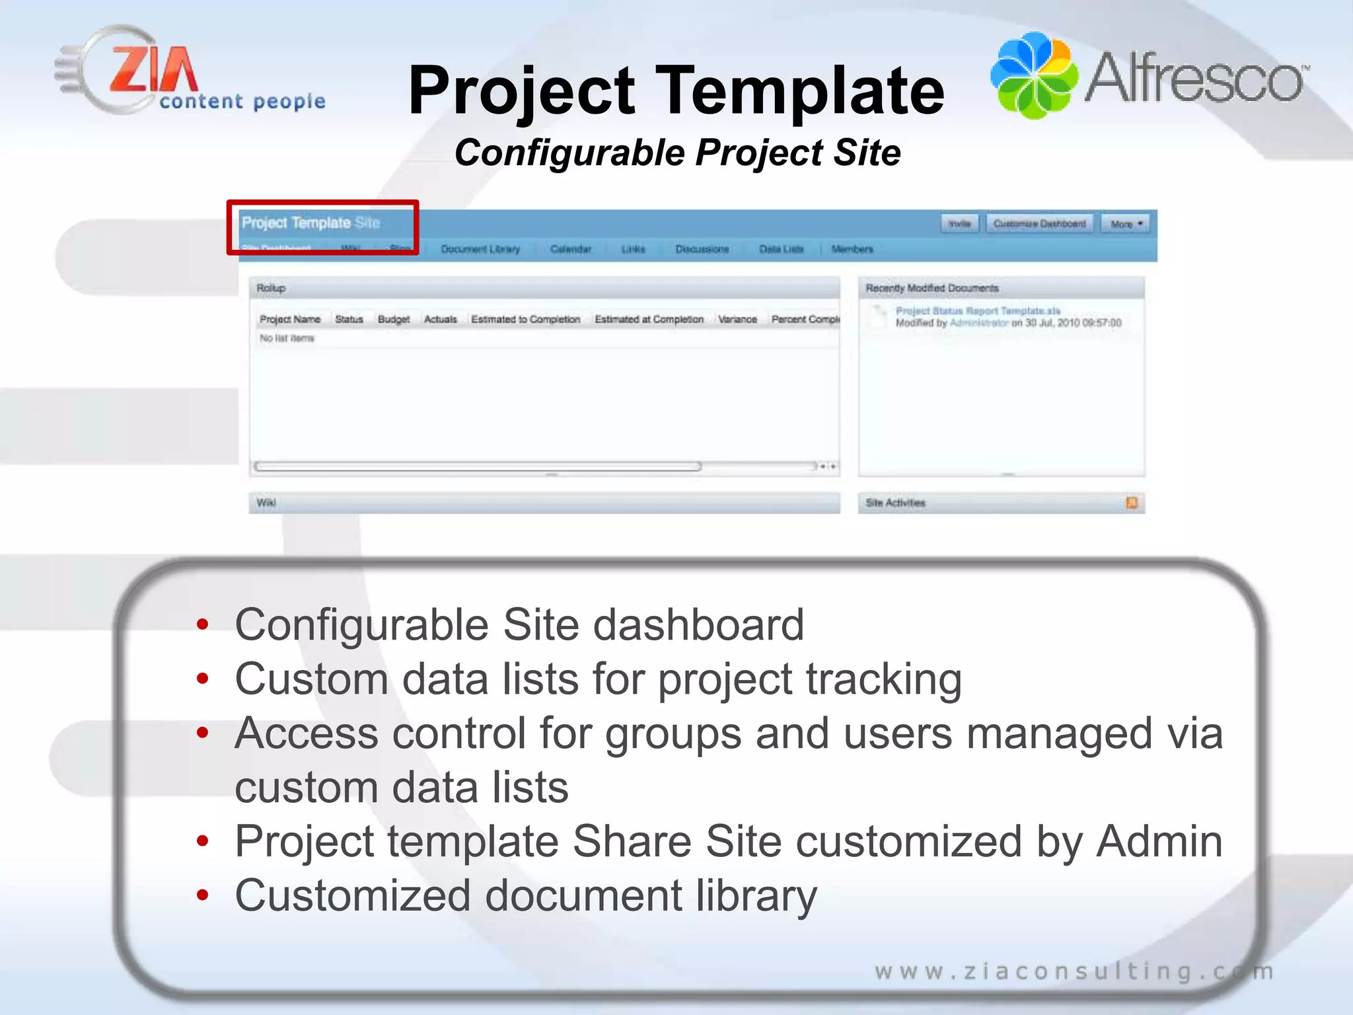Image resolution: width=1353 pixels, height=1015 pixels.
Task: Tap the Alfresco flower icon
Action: pos(1034,76)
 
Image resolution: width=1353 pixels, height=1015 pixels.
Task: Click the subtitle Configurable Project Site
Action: pos(677,153)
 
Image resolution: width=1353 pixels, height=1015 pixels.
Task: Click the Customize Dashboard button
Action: pos(1039,224)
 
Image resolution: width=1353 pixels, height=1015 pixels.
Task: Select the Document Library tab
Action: pos(480,249)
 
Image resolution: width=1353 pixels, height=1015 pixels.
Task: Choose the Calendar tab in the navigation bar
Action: pos(571,249)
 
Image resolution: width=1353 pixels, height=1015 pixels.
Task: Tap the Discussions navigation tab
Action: pos(702,249)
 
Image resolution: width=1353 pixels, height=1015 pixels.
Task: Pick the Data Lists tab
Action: pos(781,249)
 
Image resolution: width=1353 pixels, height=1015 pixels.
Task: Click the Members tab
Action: pos(852,249)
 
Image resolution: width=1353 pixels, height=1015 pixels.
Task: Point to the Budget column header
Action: pos(394,319)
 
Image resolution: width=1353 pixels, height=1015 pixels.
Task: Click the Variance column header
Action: pos(737,319)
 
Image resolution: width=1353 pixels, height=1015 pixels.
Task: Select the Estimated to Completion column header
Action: pos(525,319)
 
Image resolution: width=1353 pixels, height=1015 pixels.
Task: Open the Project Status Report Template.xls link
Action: pos(978,311)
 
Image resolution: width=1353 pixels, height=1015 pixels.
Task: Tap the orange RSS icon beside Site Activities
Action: pos(1132,503)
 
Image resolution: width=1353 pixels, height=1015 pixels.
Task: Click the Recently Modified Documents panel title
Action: pos(932,288)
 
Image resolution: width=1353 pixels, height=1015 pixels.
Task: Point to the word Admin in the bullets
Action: pos(1159,841)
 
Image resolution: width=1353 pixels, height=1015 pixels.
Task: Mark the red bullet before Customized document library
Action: pos(203,895)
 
